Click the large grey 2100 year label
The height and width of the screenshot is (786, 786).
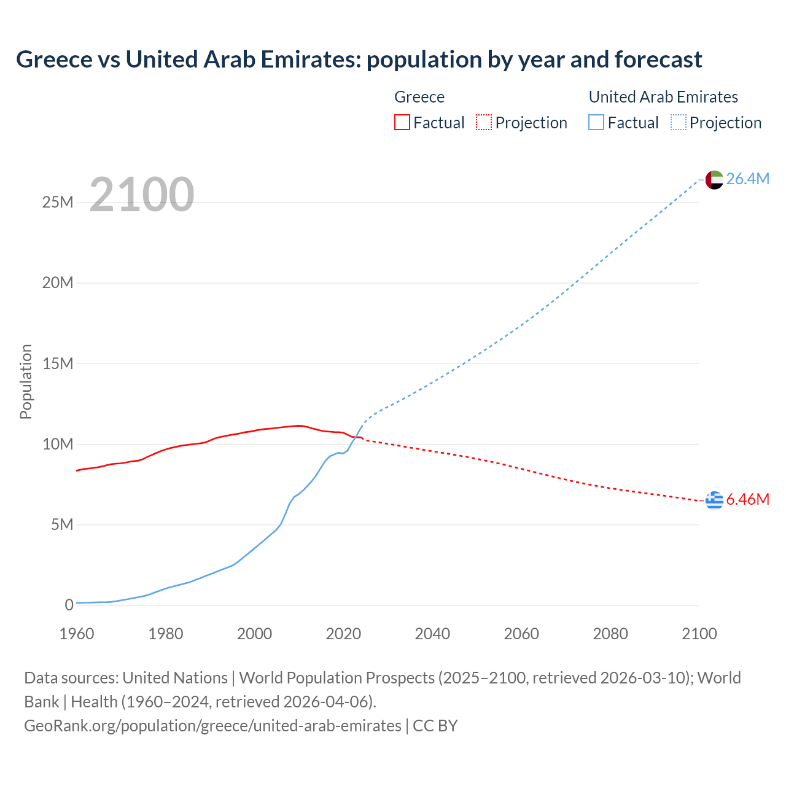click(x=142, y=195)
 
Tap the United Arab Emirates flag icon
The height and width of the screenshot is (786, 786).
click(x=714, y=179)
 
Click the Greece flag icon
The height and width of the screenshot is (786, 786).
click(x=714, y=500)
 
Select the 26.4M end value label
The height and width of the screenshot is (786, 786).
click(x=747, y=179)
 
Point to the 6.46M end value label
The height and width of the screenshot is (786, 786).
click(x=747, y=499)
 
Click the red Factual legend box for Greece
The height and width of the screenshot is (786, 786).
click(x=402, y=123)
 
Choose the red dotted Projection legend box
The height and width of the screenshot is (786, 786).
click(x=484, y=123)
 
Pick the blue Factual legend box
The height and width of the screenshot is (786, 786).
click(x=596, y=123)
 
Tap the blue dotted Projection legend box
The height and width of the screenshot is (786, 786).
click(x=679, y=123)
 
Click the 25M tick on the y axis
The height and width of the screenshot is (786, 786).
click(x=58, y=202)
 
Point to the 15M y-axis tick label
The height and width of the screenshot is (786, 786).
click(x=58, y=364)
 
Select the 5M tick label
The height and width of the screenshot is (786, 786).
click(x=62, y=524)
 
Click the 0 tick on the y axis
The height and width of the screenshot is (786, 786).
click(x=69, y=605)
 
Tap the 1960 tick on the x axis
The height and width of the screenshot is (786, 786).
click(x=77, y=634)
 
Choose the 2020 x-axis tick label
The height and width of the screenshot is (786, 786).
click(x=343, y=634)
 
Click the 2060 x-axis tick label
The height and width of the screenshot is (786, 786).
click(x=521, y=634)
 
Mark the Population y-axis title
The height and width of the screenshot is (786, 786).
click(x=26, y=381)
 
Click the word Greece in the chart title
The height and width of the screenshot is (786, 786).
click(x=53, y=60)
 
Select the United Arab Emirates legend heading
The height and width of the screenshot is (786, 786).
click(x=663, y=97)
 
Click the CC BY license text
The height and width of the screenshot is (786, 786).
click(x=435, y=726)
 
